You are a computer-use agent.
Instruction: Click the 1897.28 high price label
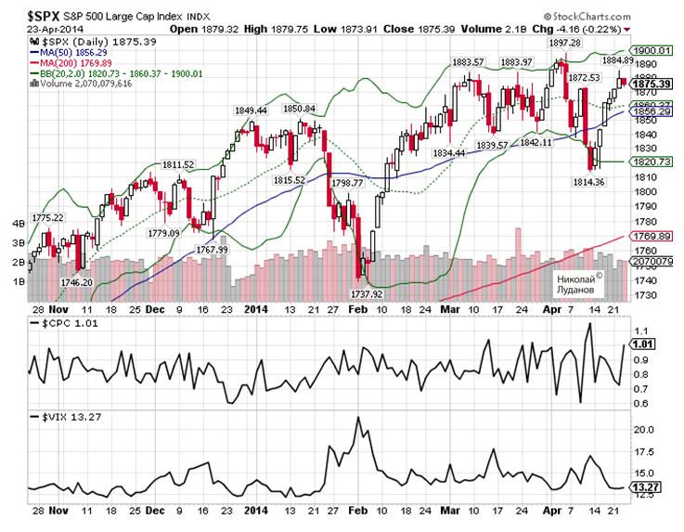[565, 43]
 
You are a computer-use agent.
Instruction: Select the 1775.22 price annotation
[46, 217]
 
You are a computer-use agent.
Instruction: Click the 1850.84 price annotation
[298, 108]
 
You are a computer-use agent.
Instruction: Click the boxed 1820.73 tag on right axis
[651, 162]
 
